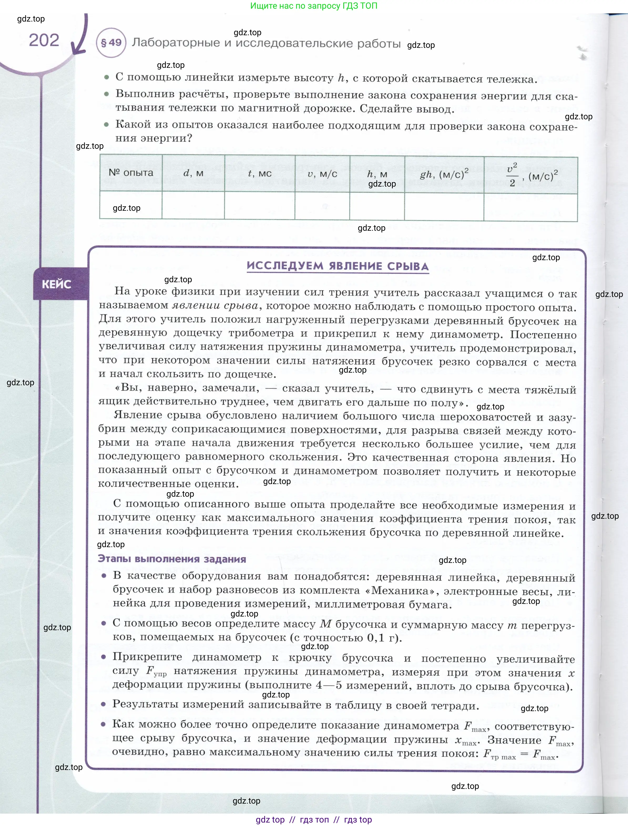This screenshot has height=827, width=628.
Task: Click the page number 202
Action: point(44,40)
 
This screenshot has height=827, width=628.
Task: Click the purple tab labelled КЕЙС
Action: point(57,284)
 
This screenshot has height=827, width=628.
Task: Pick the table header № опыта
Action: point(131,173)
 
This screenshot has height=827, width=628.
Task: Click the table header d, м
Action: point(193,173)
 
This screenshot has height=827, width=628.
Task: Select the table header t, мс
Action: point(259,173)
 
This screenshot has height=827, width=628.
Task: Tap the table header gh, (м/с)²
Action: point(444,174)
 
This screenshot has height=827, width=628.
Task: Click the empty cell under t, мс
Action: point(259,205)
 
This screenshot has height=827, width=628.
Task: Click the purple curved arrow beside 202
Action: point(80,37)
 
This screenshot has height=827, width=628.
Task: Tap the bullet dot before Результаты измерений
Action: point(104,704)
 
